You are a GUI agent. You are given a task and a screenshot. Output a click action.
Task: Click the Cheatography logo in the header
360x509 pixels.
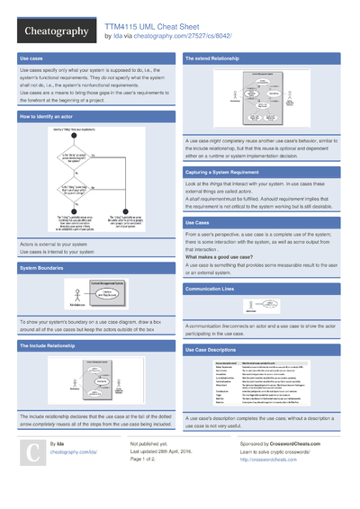pyautogui.click(x=54, y=31)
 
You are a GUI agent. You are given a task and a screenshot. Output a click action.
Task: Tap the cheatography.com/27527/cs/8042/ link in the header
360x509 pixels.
pyautogui.click(x=185, y=37)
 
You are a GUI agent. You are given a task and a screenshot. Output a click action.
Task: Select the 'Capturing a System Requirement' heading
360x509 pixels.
pyautogui.click(x=230, y=172)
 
